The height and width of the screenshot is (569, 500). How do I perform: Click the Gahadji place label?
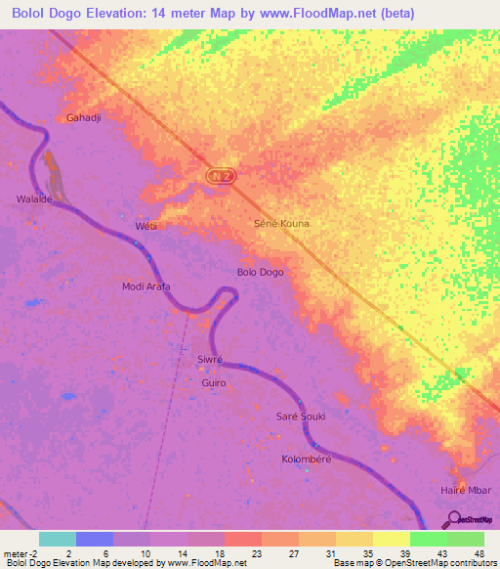(85, 117)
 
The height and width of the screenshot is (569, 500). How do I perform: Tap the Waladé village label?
(32, 198)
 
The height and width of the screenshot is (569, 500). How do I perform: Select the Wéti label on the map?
(146, 227)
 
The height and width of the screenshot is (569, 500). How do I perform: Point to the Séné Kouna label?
(281, 224)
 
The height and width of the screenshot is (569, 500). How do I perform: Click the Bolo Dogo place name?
(261, 272)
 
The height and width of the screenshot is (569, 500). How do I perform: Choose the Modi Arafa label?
(146, 286)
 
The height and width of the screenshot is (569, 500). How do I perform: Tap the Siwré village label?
(211, 359)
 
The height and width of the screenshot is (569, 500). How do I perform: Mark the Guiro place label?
(214, 382)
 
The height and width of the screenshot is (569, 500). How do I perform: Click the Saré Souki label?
(301, 416)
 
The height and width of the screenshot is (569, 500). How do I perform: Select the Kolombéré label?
(309, 459)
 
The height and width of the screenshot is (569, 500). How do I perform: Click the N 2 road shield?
(222, 174)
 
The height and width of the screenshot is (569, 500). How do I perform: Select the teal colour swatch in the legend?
(58, 539)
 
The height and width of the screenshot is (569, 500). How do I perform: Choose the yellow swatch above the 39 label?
(391, 539)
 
